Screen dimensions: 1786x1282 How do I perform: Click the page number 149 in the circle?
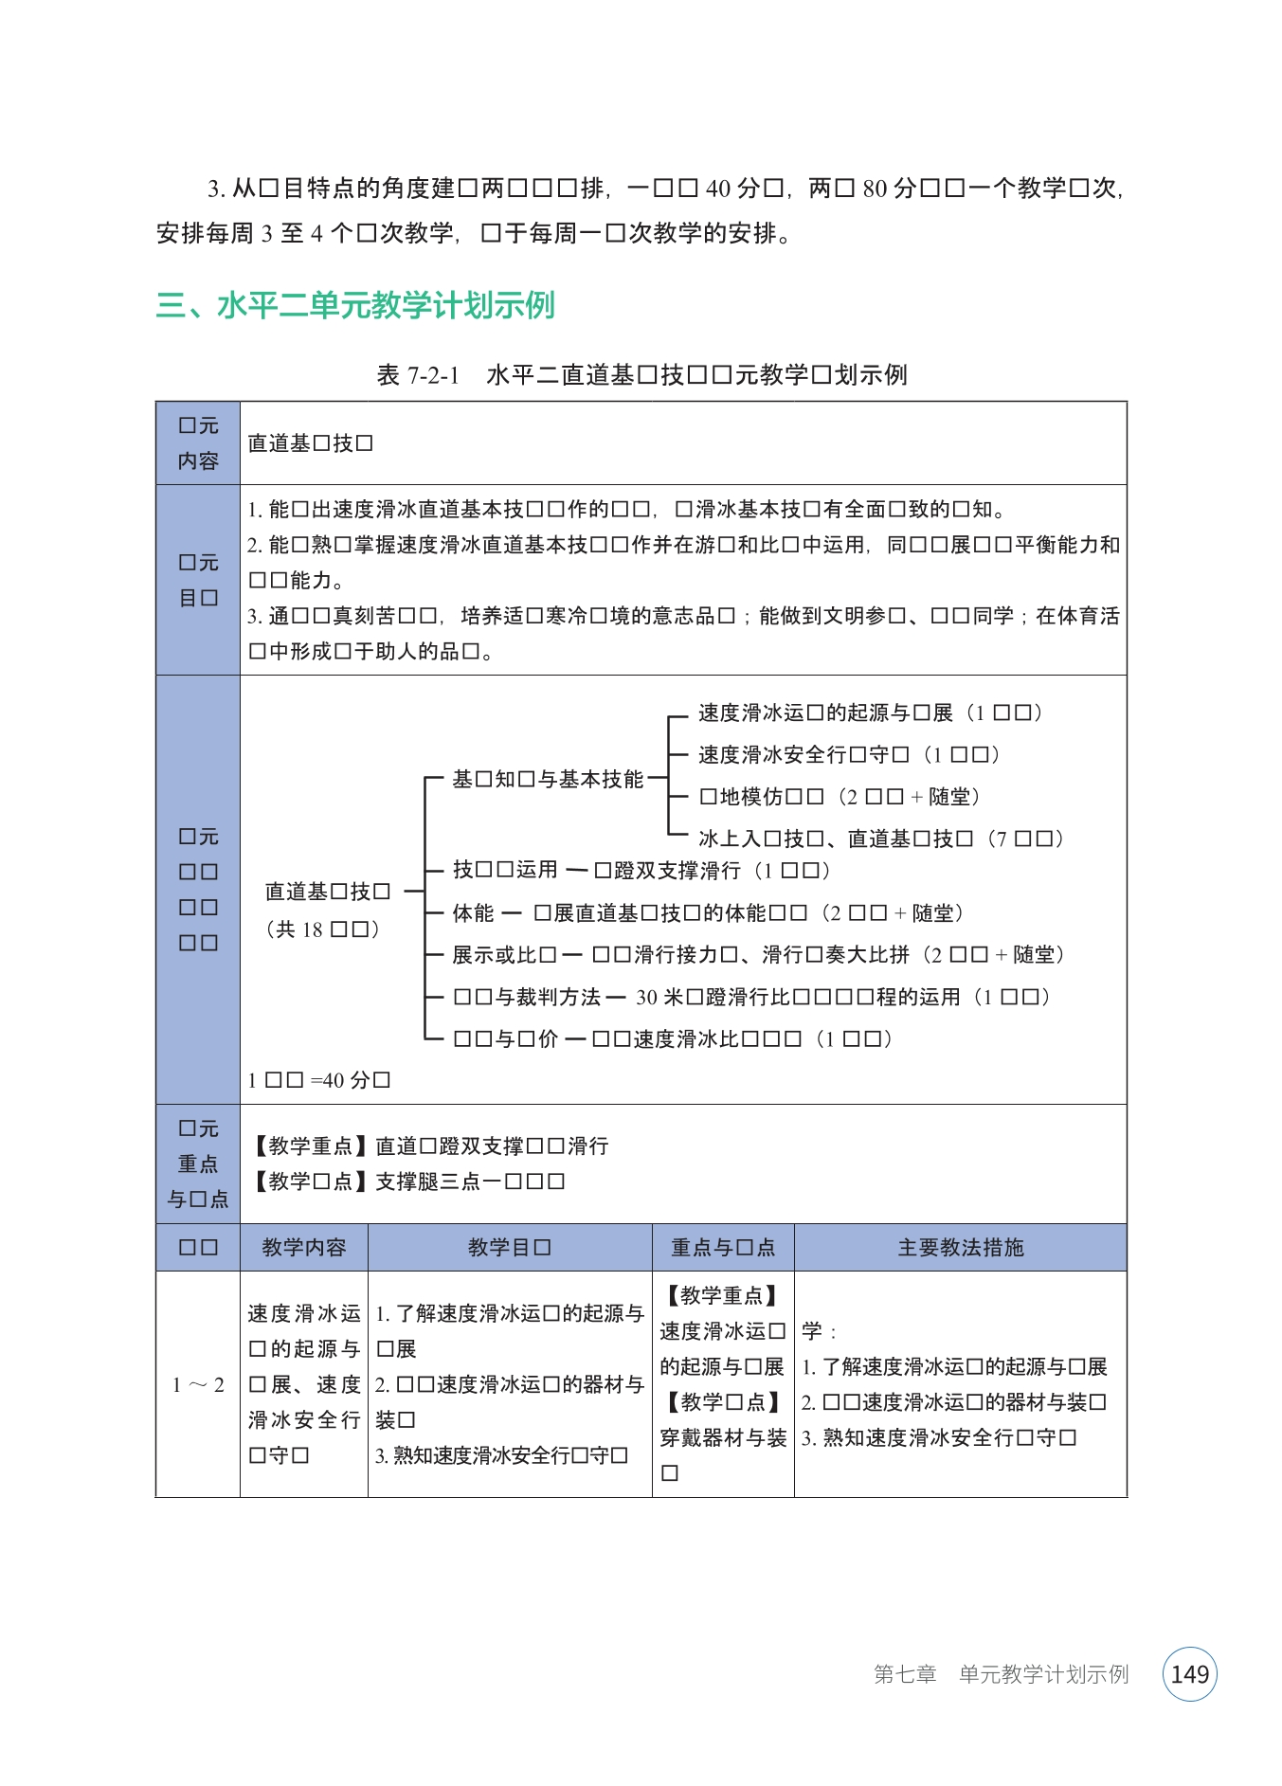point(1189,1674)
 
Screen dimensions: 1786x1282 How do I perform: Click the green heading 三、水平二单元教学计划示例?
point(355,306)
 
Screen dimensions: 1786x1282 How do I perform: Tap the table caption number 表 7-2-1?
point(417,375)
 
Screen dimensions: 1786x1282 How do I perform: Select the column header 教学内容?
point(303,1247)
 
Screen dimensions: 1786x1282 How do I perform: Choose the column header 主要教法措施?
point(960,1247)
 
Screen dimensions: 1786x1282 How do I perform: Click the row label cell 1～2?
point(198,1384)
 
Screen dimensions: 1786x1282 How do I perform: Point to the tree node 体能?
point(473,912)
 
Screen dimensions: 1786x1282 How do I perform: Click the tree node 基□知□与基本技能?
point(547,779)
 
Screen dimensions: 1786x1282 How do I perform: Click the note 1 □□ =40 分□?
point(319,1080)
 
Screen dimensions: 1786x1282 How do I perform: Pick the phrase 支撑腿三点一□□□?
point(470,1182)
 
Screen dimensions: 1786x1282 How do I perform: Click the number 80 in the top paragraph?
point(875,189)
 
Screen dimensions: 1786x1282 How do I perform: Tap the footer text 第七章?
point(904,1674)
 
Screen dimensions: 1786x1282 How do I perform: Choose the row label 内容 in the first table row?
point(198,460)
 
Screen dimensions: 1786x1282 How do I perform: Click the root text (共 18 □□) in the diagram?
point(323,929)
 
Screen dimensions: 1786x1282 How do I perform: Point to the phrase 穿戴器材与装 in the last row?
point(723,1437)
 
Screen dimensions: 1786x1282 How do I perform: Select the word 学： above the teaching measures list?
point(818,1331)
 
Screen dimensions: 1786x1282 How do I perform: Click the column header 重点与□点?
point(722,1247)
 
